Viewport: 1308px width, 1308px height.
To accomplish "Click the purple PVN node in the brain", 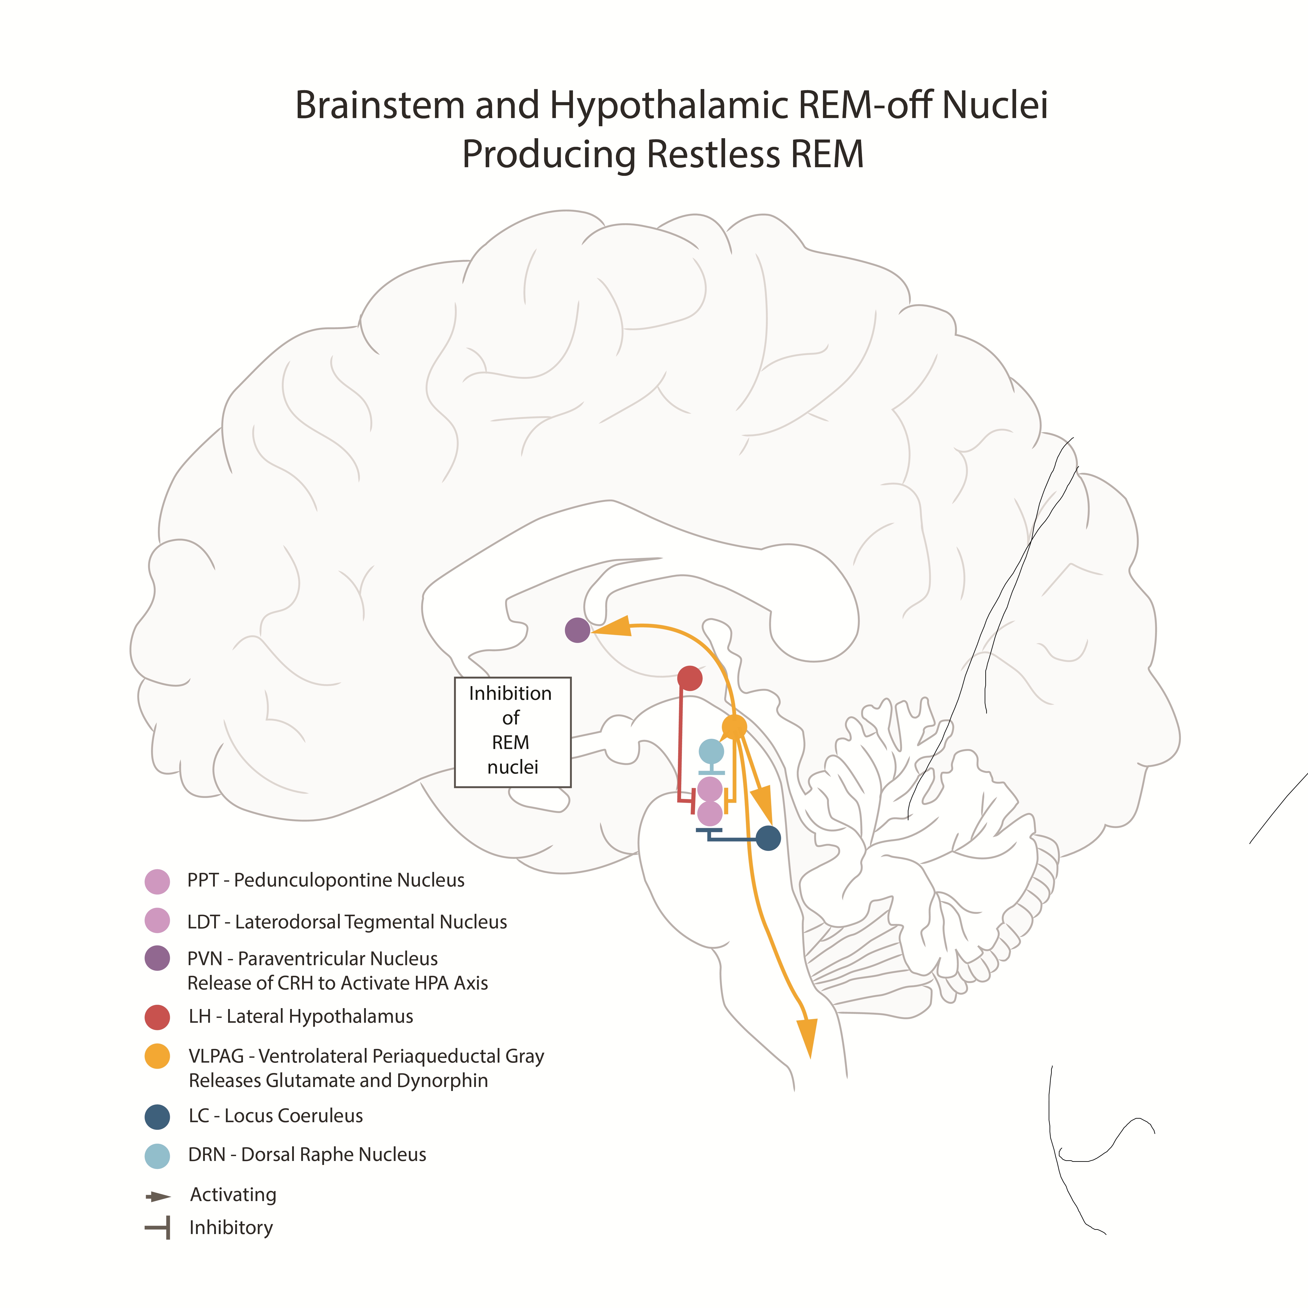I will [577, 630].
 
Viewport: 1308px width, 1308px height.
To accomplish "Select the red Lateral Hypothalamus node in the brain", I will [689, 678].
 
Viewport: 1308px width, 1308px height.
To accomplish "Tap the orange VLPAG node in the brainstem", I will [734, 727].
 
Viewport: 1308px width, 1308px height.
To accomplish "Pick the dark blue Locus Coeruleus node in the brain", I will [768, 838].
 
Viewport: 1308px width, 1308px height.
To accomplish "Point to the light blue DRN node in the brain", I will [711, 751].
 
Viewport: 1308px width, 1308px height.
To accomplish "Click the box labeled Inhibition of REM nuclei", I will [512, 732].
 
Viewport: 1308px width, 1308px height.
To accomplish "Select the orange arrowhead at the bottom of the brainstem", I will [807, 1036].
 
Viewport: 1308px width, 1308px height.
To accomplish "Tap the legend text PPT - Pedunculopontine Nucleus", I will [326, 880].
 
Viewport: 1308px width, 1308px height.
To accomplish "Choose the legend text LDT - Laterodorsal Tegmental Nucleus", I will [347, 922].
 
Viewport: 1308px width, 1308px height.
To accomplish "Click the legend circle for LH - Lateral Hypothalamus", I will [157, 1017].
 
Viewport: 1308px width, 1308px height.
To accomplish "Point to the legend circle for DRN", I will [157, 1156].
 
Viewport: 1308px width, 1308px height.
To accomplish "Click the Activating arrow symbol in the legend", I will [158, 1196].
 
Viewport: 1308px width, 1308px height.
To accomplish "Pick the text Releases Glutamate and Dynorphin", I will [338, 1081].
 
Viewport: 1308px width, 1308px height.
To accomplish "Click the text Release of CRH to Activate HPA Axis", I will [337, 983].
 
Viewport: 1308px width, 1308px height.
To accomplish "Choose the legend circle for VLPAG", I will [157, 1056].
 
